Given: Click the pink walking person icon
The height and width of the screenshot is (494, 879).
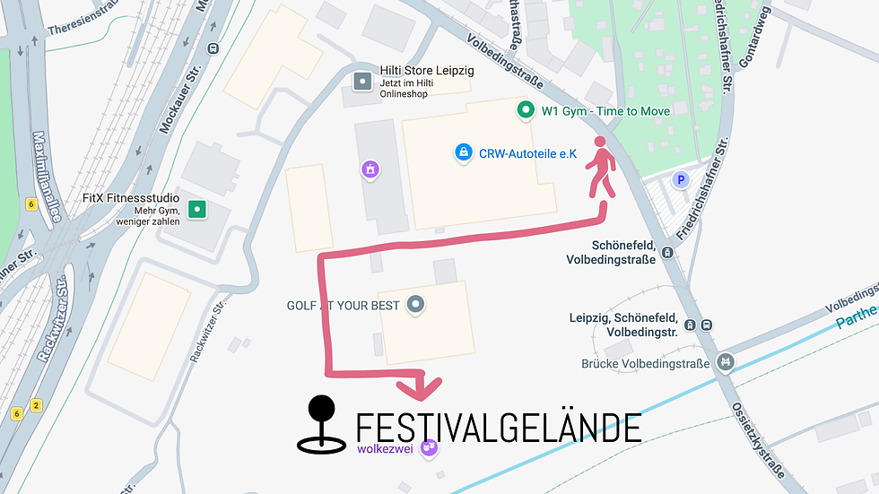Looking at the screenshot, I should [602, 168].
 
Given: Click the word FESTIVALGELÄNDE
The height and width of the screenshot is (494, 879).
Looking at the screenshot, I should [499, 429].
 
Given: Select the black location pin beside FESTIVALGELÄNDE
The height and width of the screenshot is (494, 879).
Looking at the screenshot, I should [321, 423].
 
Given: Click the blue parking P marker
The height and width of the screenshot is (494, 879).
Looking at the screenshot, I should [681, 180].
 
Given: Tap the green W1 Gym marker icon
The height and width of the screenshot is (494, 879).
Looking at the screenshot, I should [526, 111].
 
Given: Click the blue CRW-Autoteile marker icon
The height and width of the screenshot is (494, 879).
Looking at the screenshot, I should [463, 153].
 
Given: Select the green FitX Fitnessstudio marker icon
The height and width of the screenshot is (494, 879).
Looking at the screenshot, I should [197, 211].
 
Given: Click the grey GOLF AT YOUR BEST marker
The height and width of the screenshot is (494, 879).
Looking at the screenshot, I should [414, 305].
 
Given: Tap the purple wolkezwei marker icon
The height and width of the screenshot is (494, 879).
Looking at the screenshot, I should [429, 446].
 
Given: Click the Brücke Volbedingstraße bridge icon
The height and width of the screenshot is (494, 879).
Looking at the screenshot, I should [726, 362].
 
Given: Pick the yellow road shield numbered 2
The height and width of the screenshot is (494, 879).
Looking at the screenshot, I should [36, 405].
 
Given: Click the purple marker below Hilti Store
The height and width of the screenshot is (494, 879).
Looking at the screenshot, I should [369, 169].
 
